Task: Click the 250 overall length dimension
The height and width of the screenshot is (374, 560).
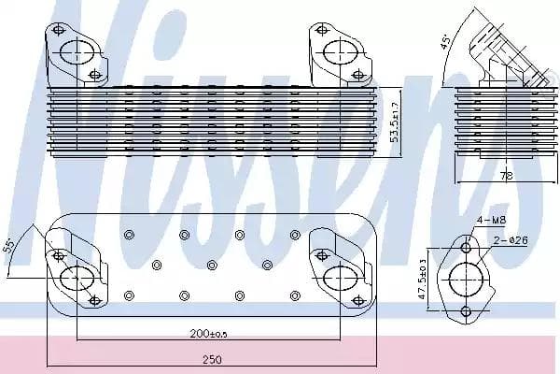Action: (212, 359)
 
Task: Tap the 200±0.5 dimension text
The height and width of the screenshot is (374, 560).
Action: (208, 334)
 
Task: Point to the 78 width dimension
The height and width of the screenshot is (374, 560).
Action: (506, 176)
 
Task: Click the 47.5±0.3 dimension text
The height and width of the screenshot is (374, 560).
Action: (423, 279)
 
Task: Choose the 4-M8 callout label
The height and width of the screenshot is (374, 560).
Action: (492, 220)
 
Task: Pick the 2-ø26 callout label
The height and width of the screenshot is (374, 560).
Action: (511, 240)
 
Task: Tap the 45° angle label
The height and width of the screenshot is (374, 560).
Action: (445, 41)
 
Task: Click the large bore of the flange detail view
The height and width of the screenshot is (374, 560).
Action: (466, 280)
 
